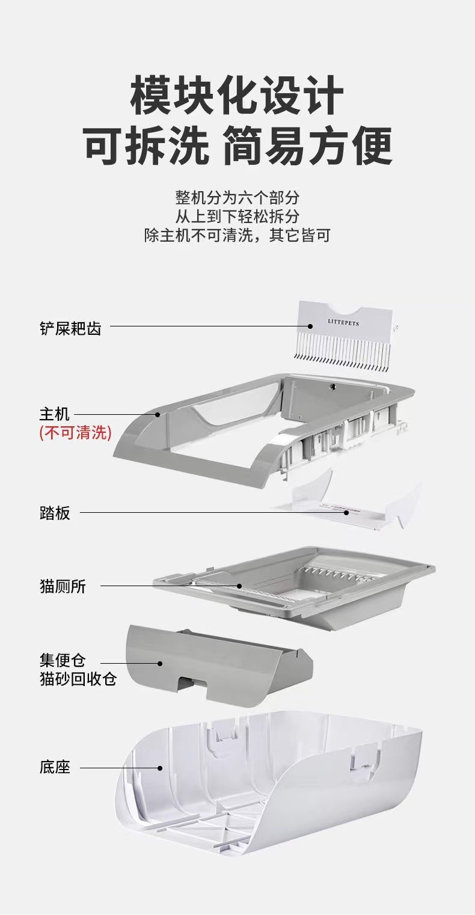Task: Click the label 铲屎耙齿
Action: (70, 328)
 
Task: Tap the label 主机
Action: (55, 414)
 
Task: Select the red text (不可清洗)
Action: (75, 432)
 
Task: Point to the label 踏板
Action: (55, 513)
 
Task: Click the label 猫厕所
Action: (63, 586)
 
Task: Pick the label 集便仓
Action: (63, 659)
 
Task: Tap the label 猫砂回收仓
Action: (78, 679)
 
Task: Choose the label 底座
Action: (55, 767)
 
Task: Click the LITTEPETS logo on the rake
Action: (343, 323)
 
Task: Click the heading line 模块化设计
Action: (237, 95)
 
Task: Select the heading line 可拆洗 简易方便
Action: (237, 145)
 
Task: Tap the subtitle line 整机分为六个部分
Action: (237, 198)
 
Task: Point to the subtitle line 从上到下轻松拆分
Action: (237, 216)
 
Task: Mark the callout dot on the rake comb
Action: (310, 326)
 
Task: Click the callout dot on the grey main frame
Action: (158, 414)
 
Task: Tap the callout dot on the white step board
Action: (346, 512)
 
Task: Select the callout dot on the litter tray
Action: (239, 586)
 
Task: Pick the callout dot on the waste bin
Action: (160, 663)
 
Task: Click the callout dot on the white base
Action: (160, 768)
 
